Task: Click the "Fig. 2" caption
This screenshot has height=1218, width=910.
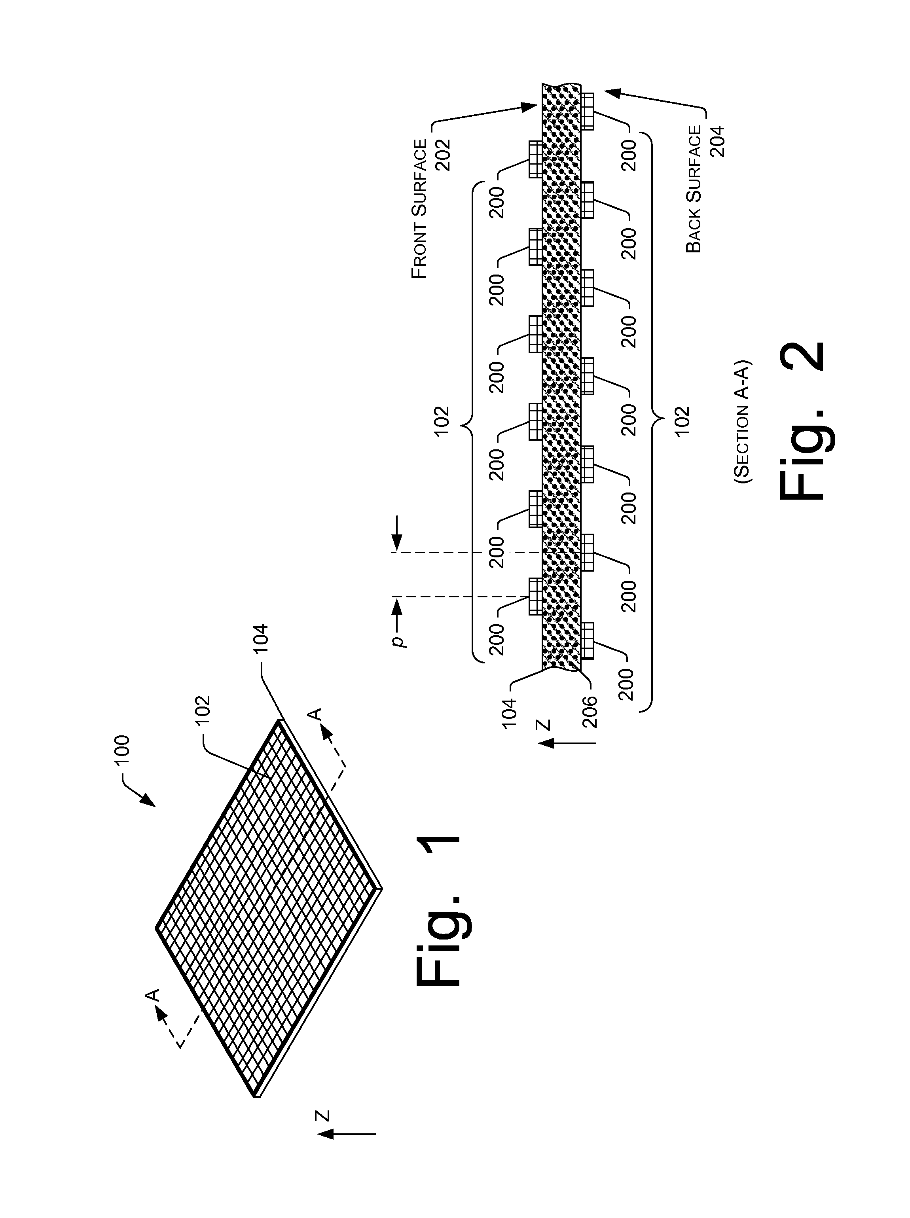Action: tap(803, 422)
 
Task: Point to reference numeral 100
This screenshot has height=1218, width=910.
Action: tap(121, 749)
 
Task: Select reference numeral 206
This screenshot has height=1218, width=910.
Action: tap(590, 711)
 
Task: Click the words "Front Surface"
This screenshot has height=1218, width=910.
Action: tap(420, 209)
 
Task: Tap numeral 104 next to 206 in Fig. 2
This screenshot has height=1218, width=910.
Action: tap(510, 711)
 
